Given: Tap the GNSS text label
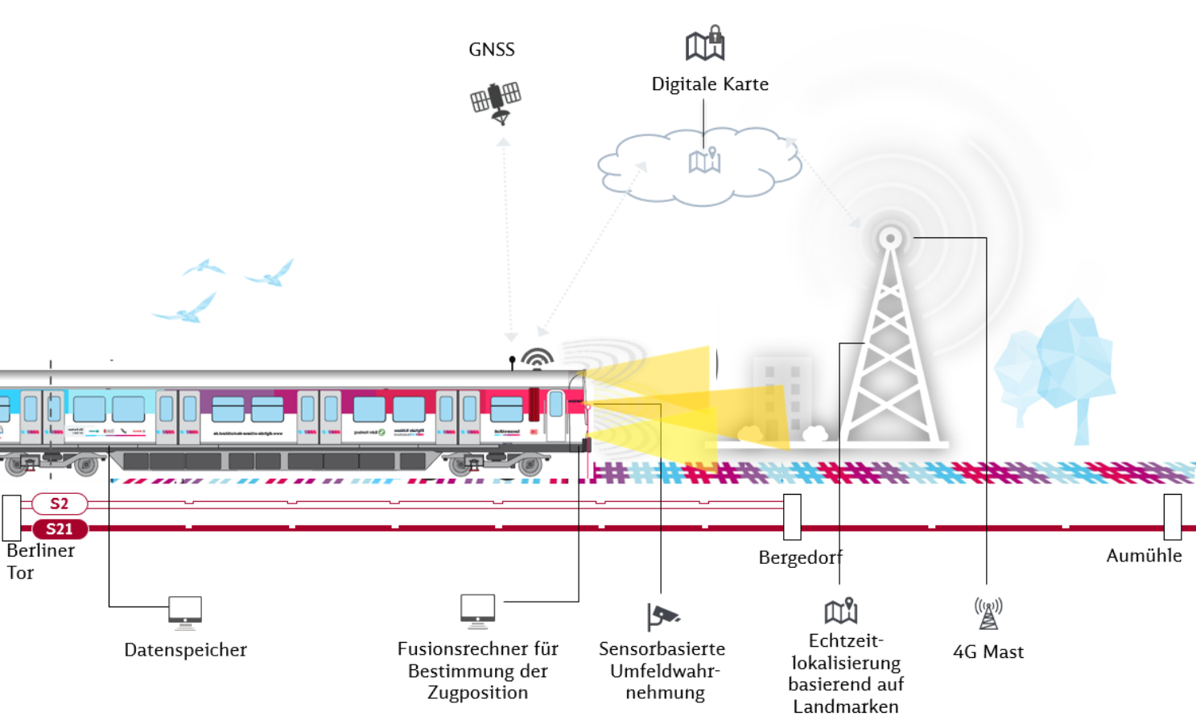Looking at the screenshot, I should pyautogui.click(x=492, y=50).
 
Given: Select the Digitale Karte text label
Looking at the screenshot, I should pyautogui.click(x=710, y=84).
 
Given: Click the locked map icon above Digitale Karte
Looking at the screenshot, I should pyautogui.click(x=705, y=43).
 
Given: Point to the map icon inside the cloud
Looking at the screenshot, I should pyautogui.click(x=704, y=161).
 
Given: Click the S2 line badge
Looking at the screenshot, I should pyautogui.click(x=60, y=504).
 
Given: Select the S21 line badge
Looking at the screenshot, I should pyautogui.click(x=60, y=529).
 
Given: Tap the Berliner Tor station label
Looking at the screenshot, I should pyautogui.click(x=39, y=562).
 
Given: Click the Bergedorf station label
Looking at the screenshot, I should pyautogui.click(x=800, y=557).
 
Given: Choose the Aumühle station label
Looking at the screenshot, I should pyautogui.click(x=1144, y=556).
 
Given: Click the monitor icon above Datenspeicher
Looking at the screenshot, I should pyautogui.click(x=185, y=612).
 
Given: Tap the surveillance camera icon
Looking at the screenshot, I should pyautogui.click(x=663, y=617).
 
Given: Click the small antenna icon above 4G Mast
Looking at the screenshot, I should pyautogui.click(x=988, y=613).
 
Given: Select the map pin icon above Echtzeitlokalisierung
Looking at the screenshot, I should pyautogui.click(x=841, y=611).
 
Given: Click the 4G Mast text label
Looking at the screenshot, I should pyautogui.click(x=988, y=652).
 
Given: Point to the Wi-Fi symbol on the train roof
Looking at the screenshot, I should pyautogui.click(x=537, y=358).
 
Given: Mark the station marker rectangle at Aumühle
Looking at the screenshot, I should pyautogui.click(x=1173, y=516).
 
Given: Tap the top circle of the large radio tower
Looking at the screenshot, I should pyautogui.click(x=890, y=238).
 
